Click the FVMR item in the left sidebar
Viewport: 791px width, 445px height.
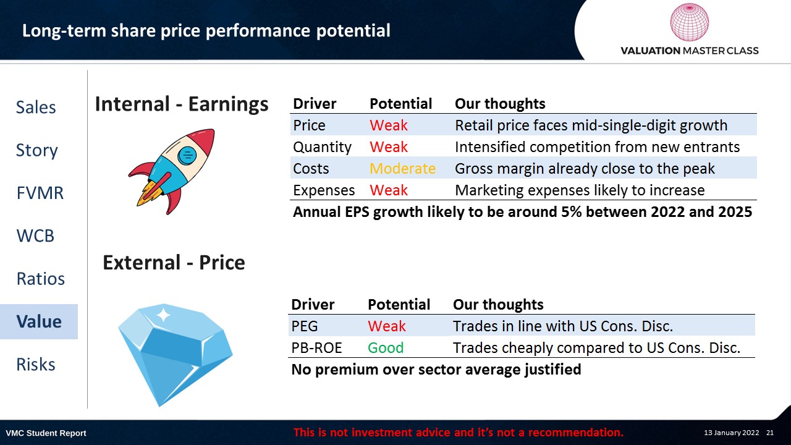tap(40, 193)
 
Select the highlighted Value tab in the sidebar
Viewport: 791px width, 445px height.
tap(39, 321)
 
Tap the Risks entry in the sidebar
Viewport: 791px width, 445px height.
tap(36, 364)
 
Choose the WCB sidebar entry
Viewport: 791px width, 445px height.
tap(35, 235)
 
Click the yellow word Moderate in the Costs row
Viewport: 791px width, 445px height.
tap(402, 169)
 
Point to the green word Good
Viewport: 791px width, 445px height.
tap(386, 348)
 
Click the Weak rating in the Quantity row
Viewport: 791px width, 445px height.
tap(389, 147)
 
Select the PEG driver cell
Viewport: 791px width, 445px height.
tap(305, 326)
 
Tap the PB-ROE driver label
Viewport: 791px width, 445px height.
tap(316, 348)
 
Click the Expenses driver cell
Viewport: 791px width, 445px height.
tap(324, 190)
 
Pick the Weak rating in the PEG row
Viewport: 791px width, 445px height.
tap(387, 326)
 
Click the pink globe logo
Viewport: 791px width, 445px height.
tap(689, 22)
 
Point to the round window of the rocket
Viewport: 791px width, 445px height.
tap(187, 155)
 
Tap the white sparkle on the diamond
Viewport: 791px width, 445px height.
tap(163, 315)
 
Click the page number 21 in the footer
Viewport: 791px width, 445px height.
tap(770, 433)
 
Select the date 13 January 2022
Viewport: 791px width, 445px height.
tap(731, 433)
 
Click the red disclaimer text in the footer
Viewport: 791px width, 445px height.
tap(459, 432)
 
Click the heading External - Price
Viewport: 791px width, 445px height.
tap(174, 263)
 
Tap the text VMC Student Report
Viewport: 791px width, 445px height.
tap(46, 433)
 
